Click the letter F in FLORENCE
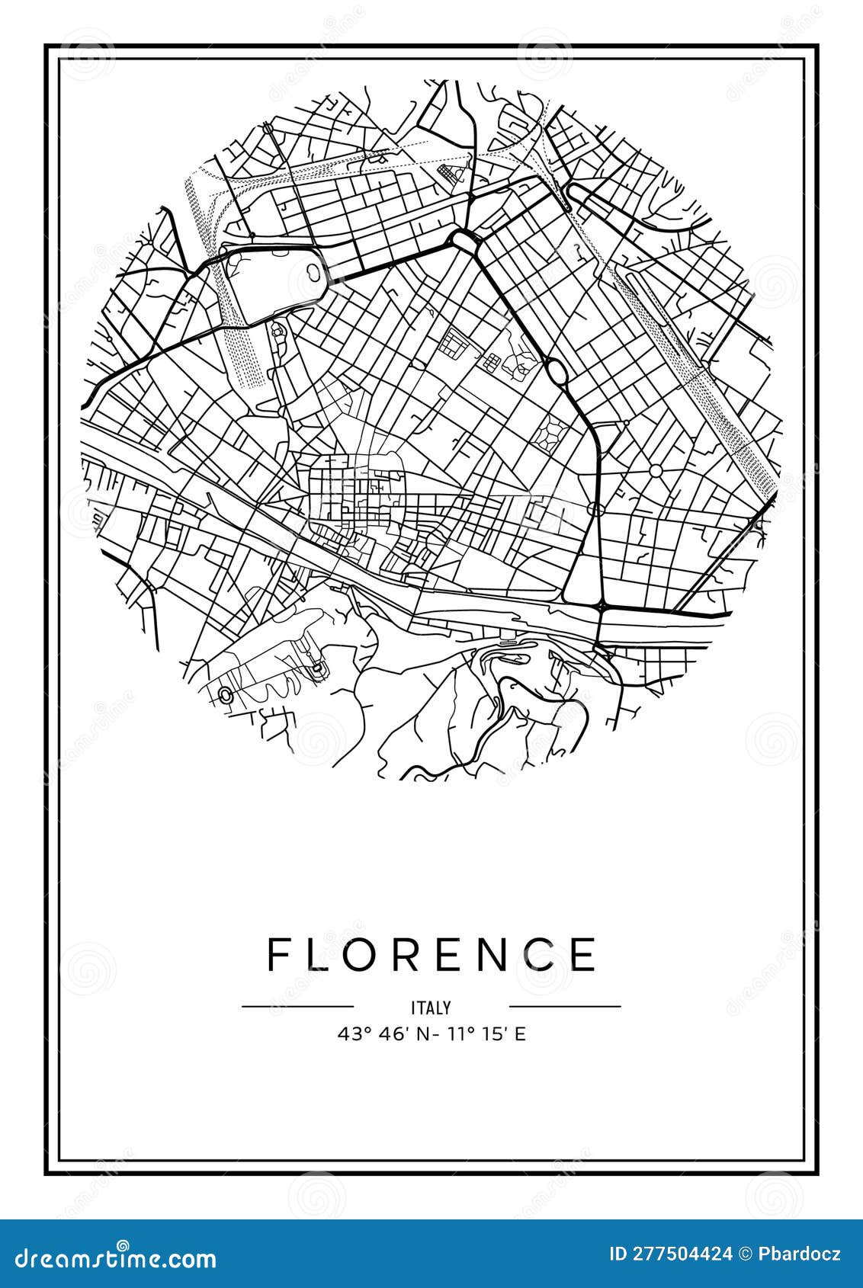click(x=278, y=954)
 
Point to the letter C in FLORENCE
click(x=538, y=954)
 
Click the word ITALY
click(x=431, y=1008)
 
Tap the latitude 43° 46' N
click(x=378, y=1034)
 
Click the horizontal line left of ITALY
click(x=298, y=1007)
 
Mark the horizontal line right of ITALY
click(x=565, y=1007)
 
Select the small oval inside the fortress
click(x=313, y=270)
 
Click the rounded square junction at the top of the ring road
click(x=464, y=239)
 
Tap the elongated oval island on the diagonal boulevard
click(x=557, y=373)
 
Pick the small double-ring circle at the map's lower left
click(x=226, y=694)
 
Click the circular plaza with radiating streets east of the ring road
click(x=656, y=470)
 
